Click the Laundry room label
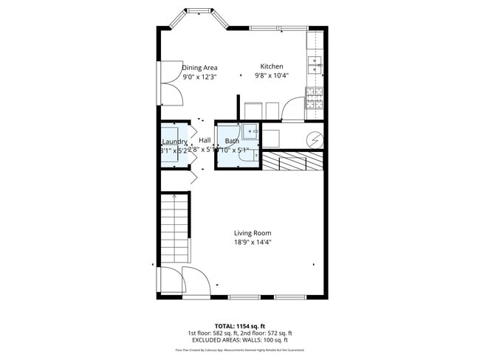point(174,141)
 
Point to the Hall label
point(205,140)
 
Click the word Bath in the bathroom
point(232,140)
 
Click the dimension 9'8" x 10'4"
point(272,75)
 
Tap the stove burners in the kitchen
point(315,97)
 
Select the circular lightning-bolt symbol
point(315,138)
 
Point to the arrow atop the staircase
point(174,197)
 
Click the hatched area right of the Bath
point(293,160)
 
